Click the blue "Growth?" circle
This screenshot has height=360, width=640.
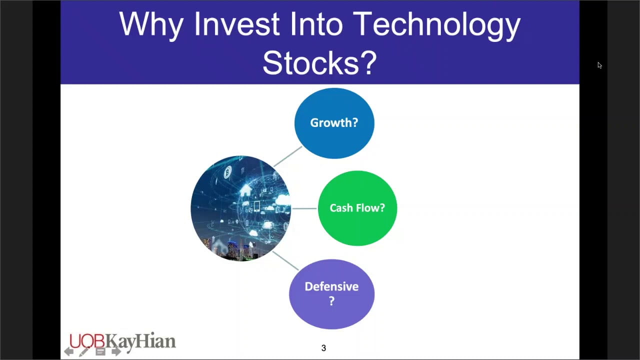point(334,123)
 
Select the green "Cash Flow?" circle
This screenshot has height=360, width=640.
point(357,208)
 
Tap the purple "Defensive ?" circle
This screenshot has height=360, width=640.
point(331,294)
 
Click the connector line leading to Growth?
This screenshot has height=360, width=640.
point(288,156)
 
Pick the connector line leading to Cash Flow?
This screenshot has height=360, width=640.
point(304,208)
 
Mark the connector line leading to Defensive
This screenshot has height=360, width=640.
point(285,260)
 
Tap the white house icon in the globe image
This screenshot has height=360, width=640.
point(245,190)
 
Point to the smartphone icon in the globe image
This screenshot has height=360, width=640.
point(256,206)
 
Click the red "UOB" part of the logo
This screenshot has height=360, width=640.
point(87,341)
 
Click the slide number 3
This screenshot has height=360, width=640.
point(323,348)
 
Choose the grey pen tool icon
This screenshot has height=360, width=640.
point(84,351)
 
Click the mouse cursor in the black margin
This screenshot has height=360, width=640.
point(599,65)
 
